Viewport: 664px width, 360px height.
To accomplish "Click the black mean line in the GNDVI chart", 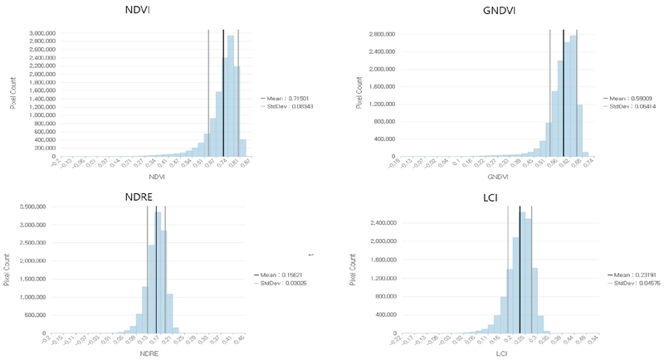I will [564, 91].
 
